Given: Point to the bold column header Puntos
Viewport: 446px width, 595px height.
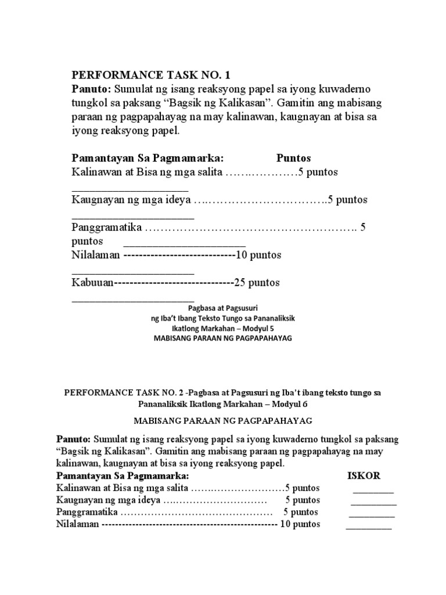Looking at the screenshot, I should pyautogui.click(x=293, y=158).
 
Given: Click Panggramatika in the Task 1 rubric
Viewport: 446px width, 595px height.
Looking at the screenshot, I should pyautogui.click(x=107, y=227).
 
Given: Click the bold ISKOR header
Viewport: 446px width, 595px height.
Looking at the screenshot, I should pyautogui.click(x=364, y=475).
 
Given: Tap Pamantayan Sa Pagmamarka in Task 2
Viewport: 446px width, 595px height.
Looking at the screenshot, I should pyautogui.click(x=119, y=475).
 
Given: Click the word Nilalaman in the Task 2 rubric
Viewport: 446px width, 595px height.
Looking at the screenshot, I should pyautogui.click(x=78, y=525).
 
